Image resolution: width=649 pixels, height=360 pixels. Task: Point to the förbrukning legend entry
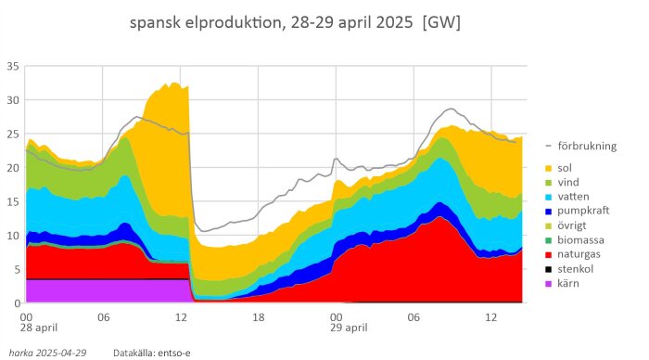click(x=593, y=146)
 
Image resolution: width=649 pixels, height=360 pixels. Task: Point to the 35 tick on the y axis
click(x=13, y=66)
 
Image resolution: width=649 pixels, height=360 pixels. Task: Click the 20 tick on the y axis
click(x=13, y=168)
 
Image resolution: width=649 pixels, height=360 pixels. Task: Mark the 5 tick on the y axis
click(x=16, y=269)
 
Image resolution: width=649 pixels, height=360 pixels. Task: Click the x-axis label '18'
click(x=259, y=315)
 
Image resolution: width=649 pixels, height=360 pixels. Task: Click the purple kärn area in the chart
click(x=102, y=290)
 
